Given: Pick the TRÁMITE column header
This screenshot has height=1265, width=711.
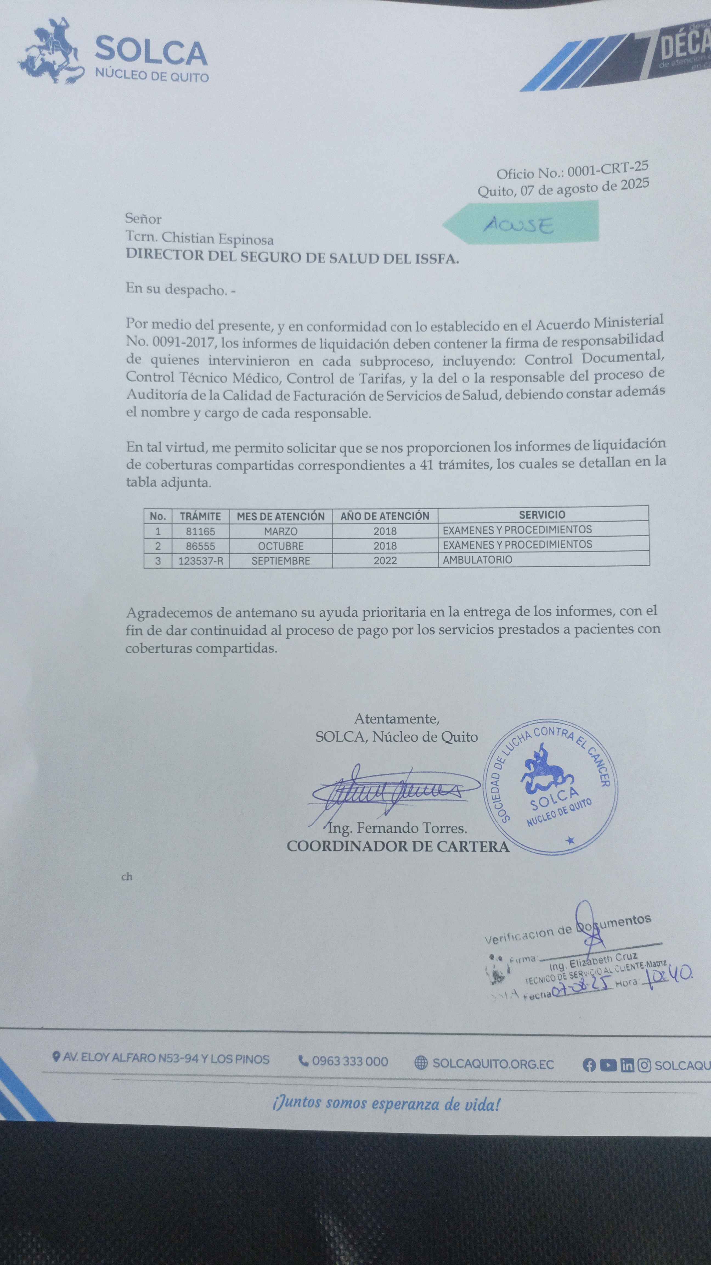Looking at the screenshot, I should (200, 516).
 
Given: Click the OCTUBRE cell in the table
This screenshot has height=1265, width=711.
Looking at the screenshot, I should (281, 546).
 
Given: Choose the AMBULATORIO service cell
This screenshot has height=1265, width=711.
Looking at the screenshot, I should (478, 560).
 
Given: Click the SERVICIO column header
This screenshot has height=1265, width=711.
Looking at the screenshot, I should (542, 515).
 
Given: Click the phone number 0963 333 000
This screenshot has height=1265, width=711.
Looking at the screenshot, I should (350, 1062).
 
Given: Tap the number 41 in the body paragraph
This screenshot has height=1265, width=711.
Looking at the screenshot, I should (426, 464).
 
